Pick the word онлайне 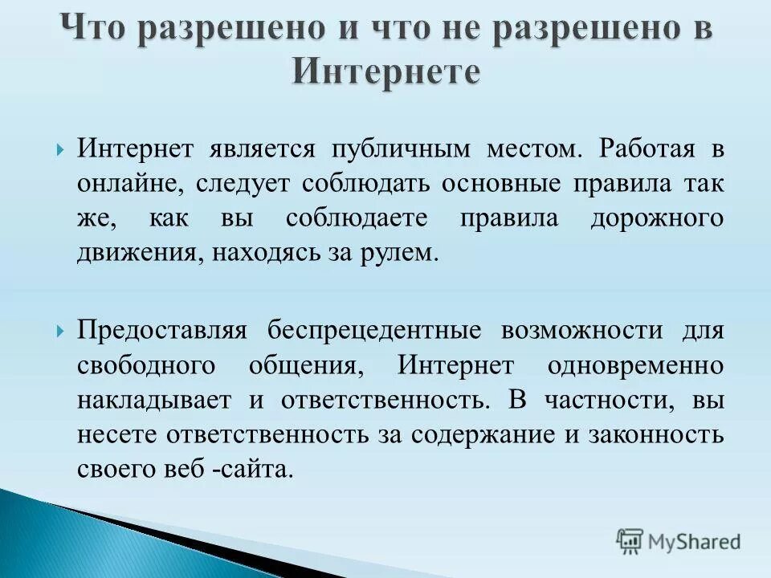coord(131,184)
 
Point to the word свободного coord(147,365)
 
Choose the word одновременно coord(635,365)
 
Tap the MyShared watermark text coord(695,542)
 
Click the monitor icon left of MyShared coord(630,541)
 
